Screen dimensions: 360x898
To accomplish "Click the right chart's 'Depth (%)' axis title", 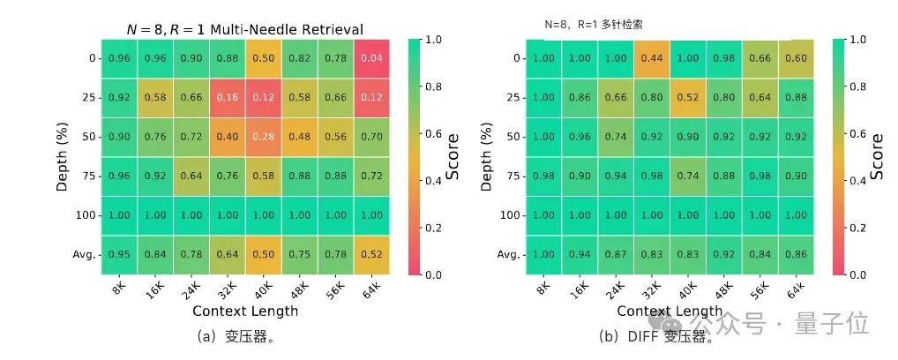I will (x=486, y=157).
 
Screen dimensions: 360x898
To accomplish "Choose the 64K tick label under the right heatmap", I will (x=797, y=289).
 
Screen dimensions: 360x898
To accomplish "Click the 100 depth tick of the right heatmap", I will (x=508, y=215).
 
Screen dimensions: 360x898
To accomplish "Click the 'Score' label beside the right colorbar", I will (x=877, y=157).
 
